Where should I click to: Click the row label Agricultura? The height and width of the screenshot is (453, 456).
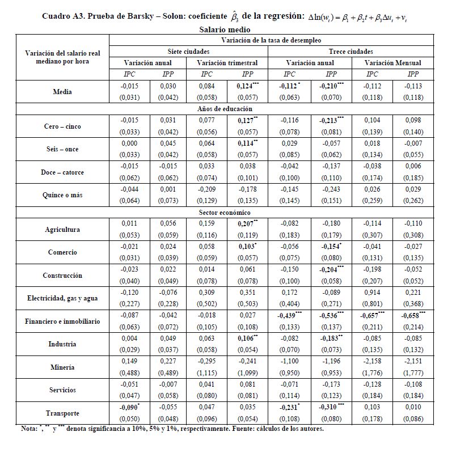62,230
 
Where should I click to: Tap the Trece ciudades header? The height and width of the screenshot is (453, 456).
350,52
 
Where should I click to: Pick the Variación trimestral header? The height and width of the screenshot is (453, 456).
227,63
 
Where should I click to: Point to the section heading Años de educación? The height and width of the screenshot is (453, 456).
225,108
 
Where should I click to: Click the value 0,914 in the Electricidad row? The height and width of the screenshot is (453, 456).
371,292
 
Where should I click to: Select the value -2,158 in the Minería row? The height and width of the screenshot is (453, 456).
371,361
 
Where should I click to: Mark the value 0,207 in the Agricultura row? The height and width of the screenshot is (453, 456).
248,224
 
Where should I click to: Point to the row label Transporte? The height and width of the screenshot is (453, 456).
62,413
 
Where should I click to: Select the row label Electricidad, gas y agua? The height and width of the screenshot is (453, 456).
62,298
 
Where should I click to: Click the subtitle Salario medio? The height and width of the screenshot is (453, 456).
225,29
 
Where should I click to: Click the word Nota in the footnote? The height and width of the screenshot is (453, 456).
29,429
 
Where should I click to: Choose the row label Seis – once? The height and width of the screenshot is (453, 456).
62,150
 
